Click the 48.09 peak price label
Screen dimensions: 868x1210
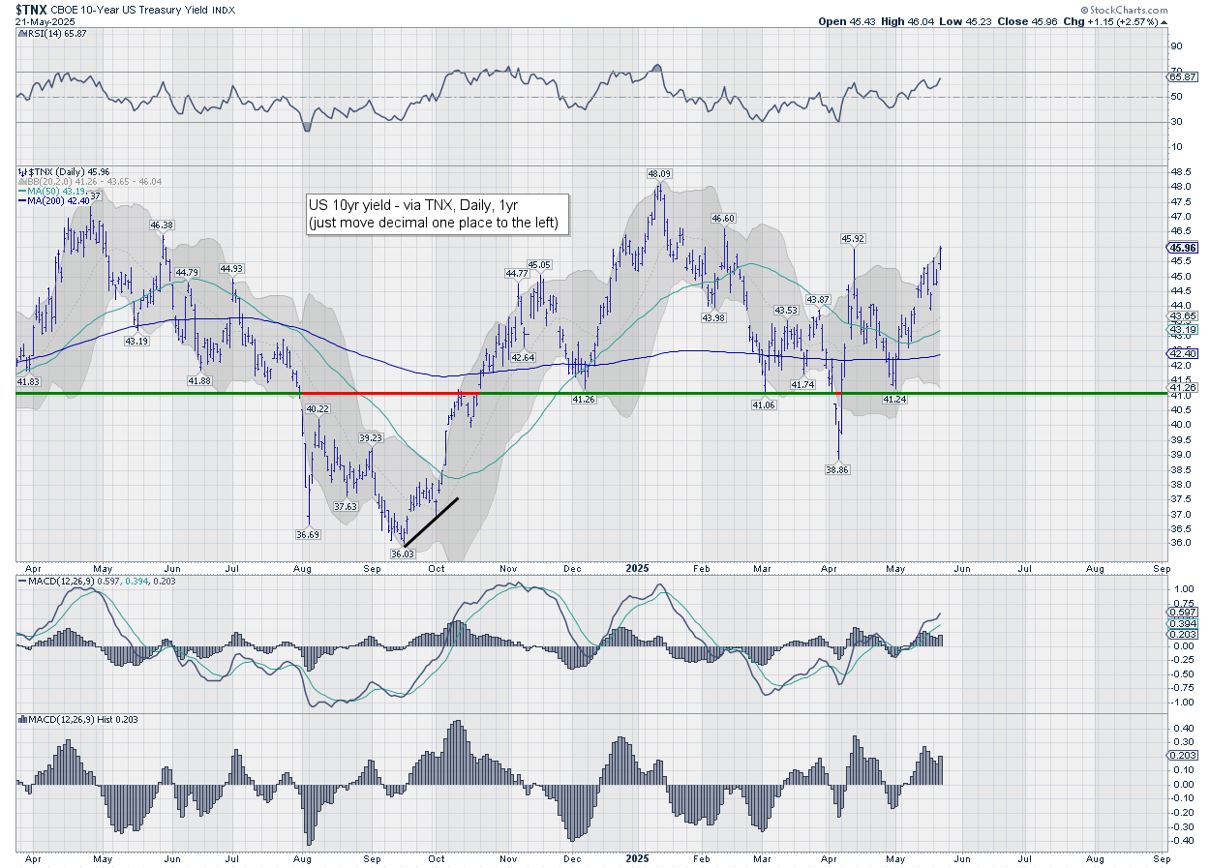[660, 174]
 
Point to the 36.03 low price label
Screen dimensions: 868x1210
[402, 554]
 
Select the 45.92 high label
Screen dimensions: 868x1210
[852, 238]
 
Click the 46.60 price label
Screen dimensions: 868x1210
[724, 219]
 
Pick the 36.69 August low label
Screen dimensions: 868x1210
[308, 534]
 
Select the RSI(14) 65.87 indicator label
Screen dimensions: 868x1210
[50, 32]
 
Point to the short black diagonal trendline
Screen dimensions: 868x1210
[432, 521]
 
